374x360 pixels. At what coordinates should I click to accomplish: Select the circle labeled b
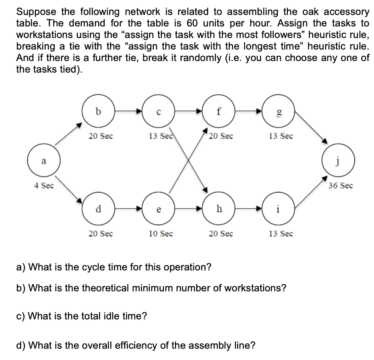click(98, 112)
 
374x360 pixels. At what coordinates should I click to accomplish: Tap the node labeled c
click(158, 112)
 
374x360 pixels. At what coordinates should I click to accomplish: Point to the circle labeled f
click(218, 112)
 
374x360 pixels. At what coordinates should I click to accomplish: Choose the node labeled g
click(279, 112)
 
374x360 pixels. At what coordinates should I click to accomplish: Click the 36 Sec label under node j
click(340, 186)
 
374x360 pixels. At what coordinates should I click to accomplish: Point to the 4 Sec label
click(44, 186)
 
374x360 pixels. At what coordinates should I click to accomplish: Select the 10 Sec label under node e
click(161, 234)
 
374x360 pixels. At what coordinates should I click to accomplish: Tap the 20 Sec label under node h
click(221, 234)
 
